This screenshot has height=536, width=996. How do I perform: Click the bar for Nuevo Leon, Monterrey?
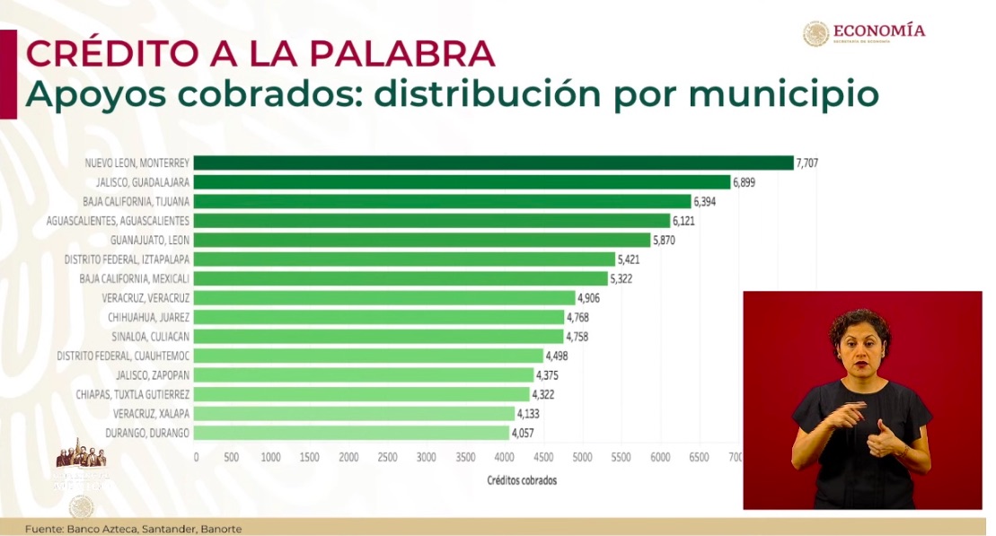pyautogui.click(x=493, y=163)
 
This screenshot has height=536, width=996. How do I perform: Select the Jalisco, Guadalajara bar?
pyautogui.click(x=462, y=182)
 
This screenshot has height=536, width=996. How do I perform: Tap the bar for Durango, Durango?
pyautogui.click(x=351, y=433)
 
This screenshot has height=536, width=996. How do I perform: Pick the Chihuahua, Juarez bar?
pyautogui.click(x=379, y=317)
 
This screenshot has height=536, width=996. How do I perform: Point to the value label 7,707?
pyautogui.click(x=806, y=163)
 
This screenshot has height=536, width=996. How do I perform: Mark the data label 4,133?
pyautogui.click(x=528, y=414)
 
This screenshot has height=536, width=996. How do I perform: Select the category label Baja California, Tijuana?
pyautogui.click(x=136, y=201)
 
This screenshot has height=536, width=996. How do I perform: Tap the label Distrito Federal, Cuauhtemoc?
pyautogui.click(x=123, y=356)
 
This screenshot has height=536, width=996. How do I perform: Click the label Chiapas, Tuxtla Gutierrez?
pyautogui.click(x=133, y=394)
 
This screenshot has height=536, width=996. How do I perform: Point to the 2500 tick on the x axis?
pyautogui.click(x=388, y=457)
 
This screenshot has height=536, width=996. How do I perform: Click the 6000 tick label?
pyautogui.click(x=660, y=457)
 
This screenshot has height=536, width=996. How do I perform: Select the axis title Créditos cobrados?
pyautogui.click(x=522, y=480)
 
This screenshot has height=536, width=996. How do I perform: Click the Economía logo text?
pyautogui.click(x=878, y=31)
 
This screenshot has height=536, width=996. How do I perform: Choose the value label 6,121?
pyautogui.click(x=683, y=221)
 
